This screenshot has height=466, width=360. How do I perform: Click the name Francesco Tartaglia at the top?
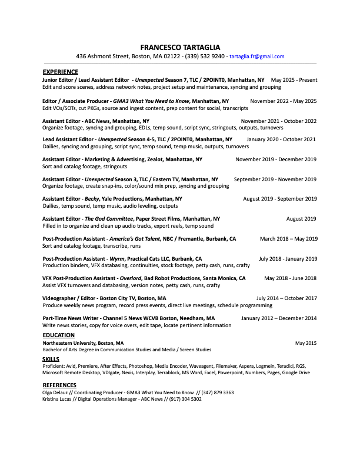[x=180, y=47]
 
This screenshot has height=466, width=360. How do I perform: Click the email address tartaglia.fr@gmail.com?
[x=257, y=56]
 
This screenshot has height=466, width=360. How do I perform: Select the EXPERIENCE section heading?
[x=60, y=72]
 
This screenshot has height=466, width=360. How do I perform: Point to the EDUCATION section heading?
[x=58, y=335]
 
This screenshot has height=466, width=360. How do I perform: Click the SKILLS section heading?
[x=51, y=358]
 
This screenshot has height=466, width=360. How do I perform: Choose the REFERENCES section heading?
[x=59, y=385]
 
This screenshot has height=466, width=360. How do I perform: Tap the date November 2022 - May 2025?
[x=283, y=101]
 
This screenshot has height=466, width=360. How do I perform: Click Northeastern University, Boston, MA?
[x=83, y=342]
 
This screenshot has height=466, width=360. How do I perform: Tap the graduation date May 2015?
[x=306, y=342]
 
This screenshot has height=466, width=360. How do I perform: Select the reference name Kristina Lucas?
[x=59, y=399]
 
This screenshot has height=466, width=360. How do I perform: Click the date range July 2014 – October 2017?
[x=286, y=298]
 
